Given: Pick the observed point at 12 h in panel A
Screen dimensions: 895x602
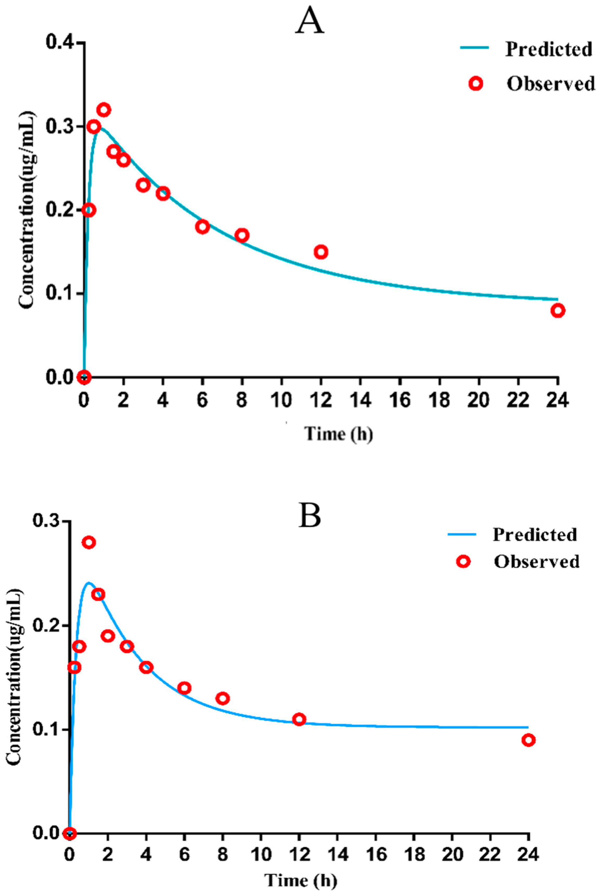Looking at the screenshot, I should (x=321, y=252).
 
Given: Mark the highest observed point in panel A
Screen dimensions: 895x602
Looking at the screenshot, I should (x=104, y=110).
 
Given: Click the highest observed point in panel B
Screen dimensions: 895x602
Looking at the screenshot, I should (x=89, y=542).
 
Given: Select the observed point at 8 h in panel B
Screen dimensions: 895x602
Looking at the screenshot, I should (x=222, y=699).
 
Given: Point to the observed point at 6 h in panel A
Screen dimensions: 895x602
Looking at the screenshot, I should (x=202, y=227).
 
